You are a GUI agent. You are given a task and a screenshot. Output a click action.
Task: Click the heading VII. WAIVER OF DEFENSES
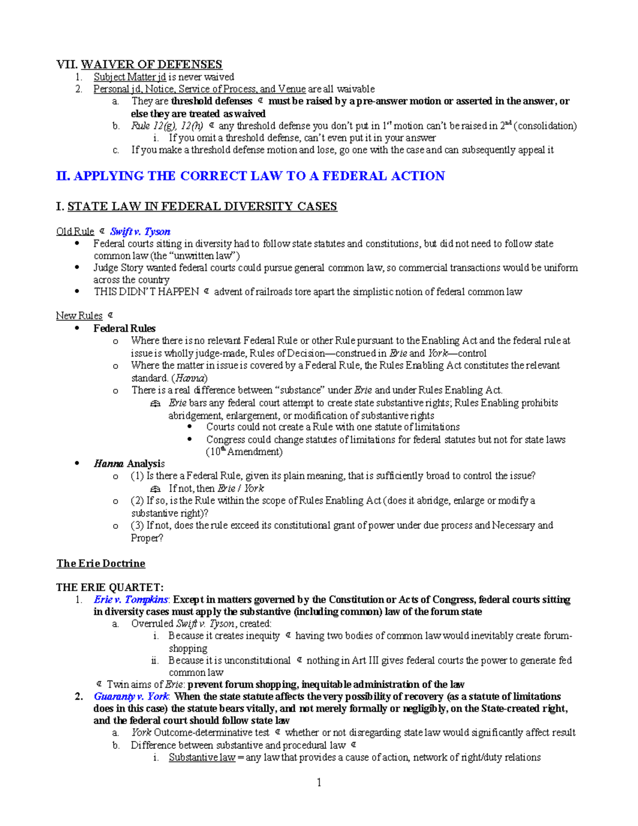tap(139, 64)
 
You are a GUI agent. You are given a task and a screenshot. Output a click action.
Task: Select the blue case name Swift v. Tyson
tap(140, 231)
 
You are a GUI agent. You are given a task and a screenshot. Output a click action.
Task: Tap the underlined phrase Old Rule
tap(75, 231)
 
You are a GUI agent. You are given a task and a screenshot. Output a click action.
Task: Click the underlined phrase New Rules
tap(79, 316)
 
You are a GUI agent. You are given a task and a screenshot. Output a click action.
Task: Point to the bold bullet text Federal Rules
tap(124, 328)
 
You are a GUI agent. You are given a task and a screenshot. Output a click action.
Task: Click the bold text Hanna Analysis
tap(129, 464)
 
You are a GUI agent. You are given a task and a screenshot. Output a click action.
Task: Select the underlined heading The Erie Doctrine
tap(100, 563)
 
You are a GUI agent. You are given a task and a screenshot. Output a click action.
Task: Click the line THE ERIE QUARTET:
tap(110, 587)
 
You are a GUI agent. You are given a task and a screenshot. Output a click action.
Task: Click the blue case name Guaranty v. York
tap(131, 696)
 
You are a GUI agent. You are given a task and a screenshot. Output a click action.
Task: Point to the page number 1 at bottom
tap(319, 782)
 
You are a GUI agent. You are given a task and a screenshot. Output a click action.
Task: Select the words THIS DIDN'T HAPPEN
tap(146, 291)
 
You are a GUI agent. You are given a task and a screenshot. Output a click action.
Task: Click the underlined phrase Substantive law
tap(202, 757)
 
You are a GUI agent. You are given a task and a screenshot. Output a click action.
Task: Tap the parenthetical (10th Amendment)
tap(244, 452)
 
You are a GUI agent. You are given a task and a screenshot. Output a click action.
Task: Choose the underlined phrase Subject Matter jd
tap(130, 77)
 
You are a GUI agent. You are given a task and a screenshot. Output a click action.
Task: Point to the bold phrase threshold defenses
tap(211, 101)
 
